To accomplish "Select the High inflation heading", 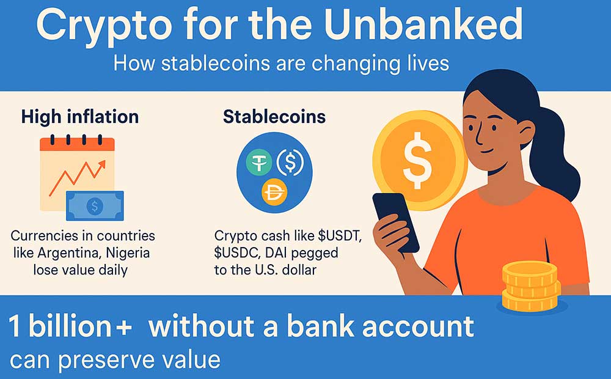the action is click(x=80, y=117).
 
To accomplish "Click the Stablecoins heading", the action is click(x=274, y=117).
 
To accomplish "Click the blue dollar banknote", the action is click(x=95, y=205).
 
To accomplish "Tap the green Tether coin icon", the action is click(x=258, y=163).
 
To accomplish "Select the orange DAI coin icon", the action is click(x=274, y=192).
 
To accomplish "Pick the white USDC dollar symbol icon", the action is click(x=290, y=163).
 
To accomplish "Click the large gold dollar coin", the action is click(x=420, y=161).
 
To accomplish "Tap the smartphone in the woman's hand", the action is click(x=395, y=223).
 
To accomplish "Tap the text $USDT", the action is click(x=340, y=235).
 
